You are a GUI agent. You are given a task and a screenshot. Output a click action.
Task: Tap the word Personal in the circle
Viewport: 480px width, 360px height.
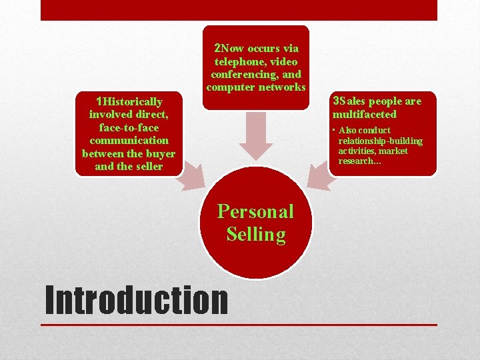click(x=255, y=211)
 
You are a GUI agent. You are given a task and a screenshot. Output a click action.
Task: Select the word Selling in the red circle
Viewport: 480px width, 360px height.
click(x=255, y=234)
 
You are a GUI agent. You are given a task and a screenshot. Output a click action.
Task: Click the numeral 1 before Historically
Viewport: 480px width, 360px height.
click(x=99, y=101)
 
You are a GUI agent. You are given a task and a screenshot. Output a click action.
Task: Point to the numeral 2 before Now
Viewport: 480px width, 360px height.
click(x=217, y=48)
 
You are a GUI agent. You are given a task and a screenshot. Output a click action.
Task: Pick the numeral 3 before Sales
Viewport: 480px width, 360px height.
click(x=335, y=101)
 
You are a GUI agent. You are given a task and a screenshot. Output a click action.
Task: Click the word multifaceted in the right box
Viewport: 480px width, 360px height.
click(x=364, y=114)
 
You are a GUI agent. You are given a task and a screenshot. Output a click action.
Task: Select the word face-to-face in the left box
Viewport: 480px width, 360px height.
click(x=129, y=127)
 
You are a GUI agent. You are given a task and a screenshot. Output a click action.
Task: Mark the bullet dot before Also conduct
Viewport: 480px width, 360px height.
click(x=335, y=130)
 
